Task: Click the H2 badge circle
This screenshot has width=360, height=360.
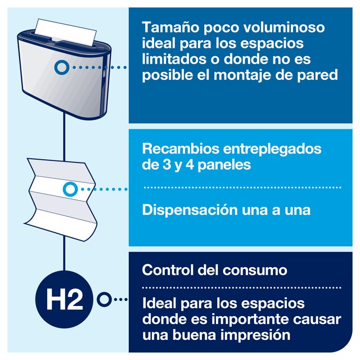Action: tap(64, 299)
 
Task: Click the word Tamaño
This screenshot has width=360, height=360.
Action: tap(171, 28)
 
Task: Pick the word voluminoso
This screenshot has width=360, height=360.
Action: tap(284, 28)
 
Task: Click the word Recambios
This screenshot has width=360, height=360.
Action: tap(181, 148)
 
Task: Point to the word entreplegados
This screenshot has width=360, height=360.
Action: tap(272, 149)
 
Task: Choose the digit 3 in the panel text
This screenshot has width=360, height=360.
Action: tap(166, 165)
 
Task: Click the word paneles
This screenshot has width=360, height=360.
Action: tap(224, 165)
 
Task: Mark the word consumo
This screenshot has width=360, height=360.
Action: tap(255, 271)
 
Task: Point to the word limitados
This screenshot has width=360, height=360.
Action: tap(174, 59)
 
